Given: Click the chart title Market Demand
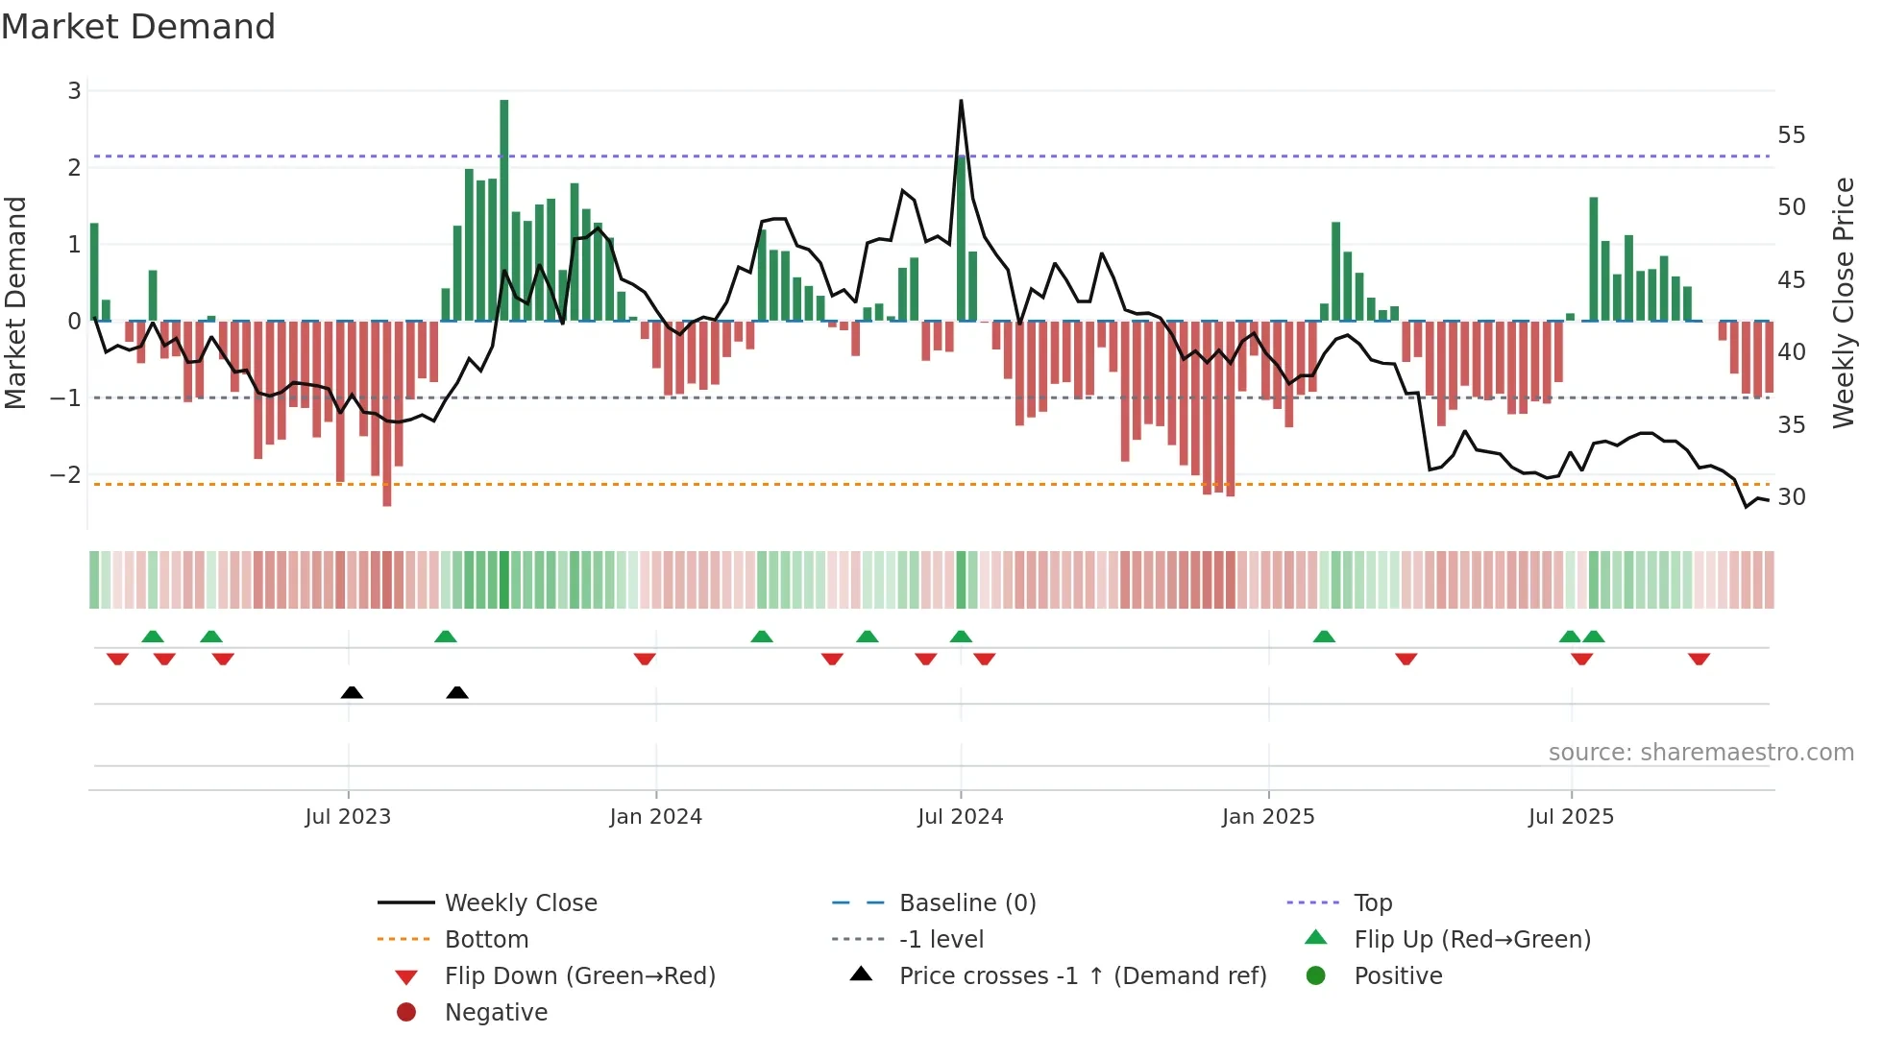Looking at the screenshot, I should [138, 27].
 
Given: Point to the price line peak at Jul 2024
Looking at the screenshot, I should [961, 102].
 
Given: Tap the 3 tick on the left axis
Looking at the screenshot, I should [74, 91].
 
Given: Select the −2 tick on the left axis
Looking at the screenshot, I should [65, 474].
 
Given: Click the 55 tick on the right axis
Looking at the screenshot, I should [1791, 134].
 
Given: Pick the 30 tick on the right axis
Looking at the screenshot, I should [1791, 496].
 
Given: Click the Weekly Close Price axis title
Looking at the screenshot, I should [1843, 302].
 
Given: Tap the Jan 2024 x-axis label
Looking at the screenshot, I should [656, 817].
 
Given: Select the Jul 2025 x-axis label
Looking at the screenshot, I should [1571, 817].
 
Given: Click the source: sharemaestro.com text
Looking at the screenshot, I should [1700, 753].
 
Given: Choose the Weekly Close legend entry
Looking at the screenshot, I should [520, 903].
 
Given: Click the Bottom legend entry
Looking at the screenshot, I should [486, 940].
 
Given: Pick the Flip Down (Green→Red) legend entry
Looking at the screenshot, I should [579, 976].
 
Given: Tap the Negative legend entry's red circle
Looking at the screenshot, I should [406, 1013].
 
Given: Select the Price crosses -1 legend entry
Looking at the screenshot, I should [1082, 976].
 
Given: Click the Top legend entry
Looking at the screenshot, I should [1373, 903].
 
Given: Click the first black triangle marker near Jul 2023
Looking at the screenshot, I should [352, 692].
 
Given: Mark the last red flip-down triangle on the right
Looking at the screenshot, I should [1699, 660].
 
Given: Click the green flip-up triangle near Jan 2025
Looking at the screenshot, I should [1324, 637].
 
